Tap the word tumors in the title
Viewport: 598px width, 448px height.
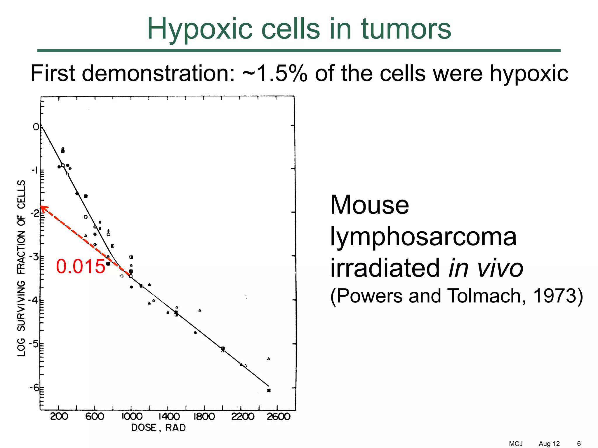point(406,29)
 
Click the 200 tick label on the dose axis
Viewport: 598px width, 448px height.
point(59,416)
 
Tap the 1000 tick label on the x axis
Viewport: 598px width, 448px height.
point(132,416)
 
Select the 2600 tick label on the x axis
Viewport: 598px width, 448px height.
point(279,416)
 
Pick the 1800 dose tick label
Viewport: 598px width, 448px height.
point(204,416)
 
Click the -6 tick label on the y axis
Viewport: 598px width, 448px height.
point(34,388)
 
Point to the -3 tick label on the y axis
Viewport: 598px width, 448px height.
point(34,257)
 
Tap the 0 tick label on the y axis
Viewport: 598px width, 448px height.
point(36,127)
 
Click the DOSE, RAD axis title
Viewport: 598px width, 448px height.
point(158,428)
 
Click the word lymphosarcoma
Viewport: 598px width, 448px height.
point(423,237)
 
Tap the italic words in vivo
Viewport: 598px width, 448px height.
point(486,268)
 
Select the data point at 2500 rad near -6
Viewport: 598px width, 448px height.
point(269,391)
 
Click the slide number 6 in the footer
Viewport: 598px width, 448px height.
point(579,444)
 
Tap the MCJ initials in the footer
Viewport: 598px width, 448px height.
point(516,444)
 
